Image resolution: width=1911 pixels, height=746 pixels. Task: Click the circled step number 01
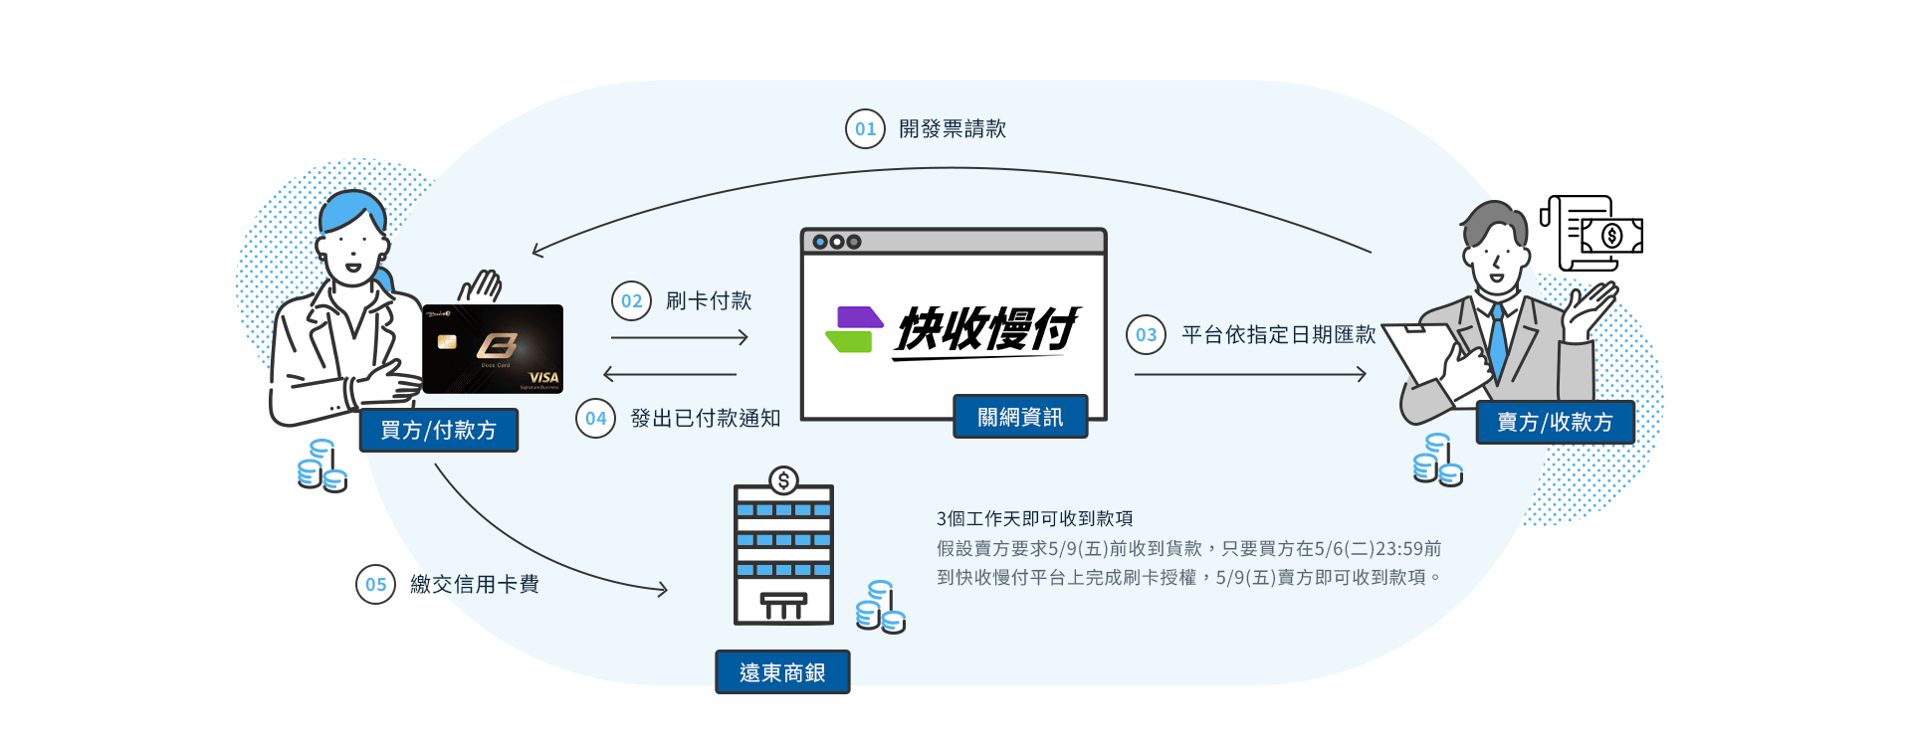pos(865,129)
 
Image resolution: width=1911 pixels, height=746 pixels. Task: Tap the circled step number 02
pos(631,301)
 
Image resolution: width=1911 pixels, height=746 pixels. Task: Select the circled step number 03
pos(1146,335)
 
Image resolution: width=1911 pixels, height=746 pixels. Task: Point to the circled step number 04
pos(595,419)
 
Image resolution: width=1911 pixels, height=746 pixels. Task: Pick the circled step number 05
pos(375,585)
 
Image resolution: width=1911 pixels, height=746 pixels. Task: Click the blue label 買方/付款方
pos(438,431)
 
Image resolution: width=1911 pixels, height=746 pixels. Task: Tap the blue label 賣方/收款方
pos(1555,423)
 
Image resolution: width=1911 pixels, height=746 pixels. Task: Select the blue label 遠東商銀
pos(782,673)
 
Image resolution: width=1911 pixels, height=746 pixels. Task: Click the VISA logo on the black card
pos(543,377)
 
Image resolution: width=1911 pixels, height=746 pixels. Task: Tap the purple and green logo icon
pos(854,329)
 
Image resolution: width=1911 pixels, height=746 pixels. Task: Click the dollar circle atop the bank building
pos(784,481)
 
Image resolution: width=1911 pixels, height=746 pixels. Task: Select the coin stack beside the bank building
pos(881,608)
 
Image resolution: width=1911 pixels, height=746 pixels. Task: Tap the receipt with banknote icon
pos(1592,234)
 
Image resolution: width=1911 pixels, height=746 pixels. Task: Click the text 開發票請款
pos(953,129)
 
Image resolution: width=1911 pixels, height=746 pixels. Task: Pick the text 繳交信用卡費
pos(475,585)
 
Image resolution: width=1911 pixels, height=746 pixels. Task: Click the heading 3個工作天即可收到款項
pos(1034,519)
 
